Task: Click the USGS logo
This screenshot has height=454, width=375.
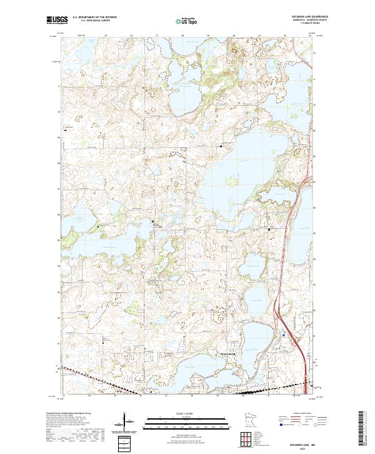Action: pyautogui.click(x=56, y=20)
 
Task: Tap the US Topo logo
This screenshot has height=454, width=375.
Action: pyautogui.click(x=187, y=20)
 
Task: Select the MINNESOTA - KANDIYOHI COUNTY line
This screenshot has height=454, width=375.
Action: pyautogui.click(x=299, y=20)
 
